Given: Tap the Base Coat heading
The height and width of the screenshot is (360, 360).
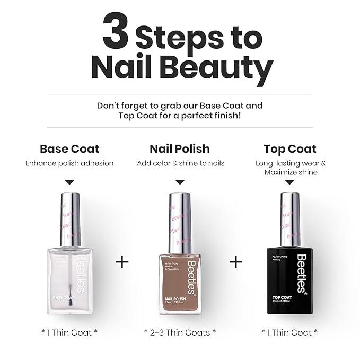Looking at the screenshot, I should pyautogui.click(x=69, y=148).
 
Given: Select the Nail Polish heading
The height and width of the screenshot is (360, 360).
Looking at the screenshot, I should pyautogui.click(x=180, y=148).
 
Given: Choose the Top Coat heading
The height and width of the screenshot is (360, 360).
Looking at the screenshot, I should pyautogui.click(x=289, y=148).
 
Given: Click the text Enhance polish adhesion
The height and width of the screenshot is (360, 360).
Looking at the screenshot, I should pyautogui.click(x=69, y=163).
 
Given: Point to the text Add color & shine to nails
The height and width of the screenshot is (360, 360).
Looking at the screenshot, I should pyautogui.click(x=180, y=163).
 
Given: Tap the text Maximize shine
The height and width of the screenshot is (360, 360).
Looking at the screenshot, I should pyautogui.click(x=290, y=172).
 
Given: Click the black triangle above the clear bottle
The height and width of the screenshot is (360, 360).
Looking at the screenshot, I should pyautogui.click(x=69, y=182).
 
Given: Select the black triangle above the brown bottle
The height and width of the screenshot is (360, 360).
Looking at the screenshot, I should pyautogui.click(x=180, y=182).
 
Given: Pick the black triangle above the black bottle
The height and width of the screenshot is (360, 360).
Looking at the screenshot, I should pyautogui.click(x=289, y=182).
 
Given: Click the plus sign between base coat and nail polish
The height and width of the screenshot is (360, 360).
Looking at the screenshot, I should pyautogui.click(x=122, y=262).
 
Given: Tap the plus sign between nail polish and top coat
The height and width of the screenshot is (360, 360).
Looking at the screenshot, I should pyautogui.click(x=236, y=262).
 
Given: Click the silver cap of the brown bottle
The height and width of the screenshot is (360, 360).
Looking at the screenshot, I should pyautogui.click(x=180, y=223).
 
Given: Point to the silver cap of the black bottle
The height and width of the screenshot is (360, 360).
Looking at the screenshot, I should pyautogui.click(x=289, y=223).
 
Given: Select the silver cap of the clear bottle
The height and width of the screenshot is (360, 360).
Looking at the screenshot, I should pyautogui.click(x=69, y=223).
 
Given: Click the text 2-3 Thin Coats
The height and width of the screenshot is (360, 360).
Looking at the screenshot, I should pyautogui.click(x=180, y=332).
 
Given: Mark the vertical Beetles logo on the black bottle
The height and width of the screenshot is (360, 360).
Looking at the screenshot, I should pyautogui.click(x=301, y=273).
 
